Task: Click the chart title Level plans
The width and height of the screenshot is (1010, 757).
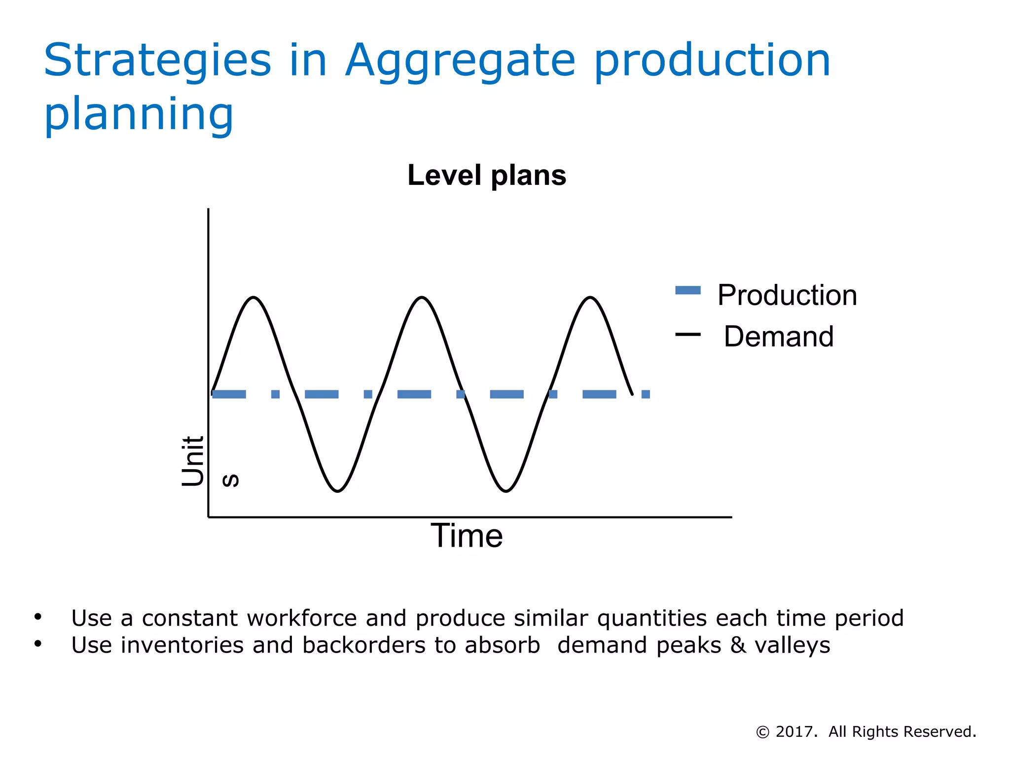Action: pyautogui.click(x=487, y=175)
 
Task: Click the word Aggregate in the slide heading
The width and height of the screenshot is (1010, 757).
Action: pyautogui.click(x=460, y=61)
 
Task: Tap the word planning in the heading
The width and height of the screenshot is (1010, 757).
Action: pyautogui.click(x=139, y=114)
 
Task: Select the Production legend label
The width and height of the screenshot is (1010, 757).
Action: pyautogui.click(x=787, y=295)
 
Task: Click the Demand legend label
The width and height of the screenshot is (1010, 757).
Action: pyautogui.click(x=779, y=337)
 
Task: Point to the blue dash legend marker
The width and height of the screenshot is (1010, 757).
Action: pyautogui.click(x=687, y=290)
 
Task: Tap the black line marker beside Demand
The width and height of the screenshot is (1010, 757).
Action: pyautogui.click(x=687, y=335)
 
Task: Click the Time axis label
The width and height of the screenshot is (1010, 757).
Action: pyautogui.click(x=467, y=536)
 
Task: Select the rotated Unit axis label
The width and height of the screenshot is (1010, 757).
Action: pyautogui.click(x=193, y=461)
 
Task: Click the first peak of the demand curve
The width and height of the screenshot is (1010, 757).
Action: pyautogui.click(x=253, y=297)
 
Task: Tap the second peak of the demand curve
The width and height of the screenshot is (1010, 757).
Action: pyautogui.click(x=422, y=297)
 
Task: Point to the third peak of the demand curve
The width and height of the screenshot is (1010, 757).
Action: pyautogui.click(x=590, y=297)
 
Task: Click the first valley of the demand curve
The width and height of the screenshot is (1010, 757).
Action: pyautogui.click(x=337, y=491)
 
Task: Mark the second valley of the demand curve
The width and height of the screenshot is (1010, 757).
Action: pyautogui.click(x=506, y=491)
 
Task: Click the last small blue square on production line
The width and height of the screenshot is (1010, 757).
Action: pyautogui.click(x=646, y=394)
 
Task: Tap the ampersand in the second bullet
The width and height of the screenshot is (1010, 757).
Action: pyautogui.click(x=738, y=645)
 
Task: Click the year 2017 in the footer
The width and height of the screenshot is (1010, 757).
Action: pyautogui.click(x=794, y=732)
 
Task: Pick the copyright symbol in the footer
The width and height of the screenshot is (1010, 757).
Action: pyautogui.click(x=762, y=732)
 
